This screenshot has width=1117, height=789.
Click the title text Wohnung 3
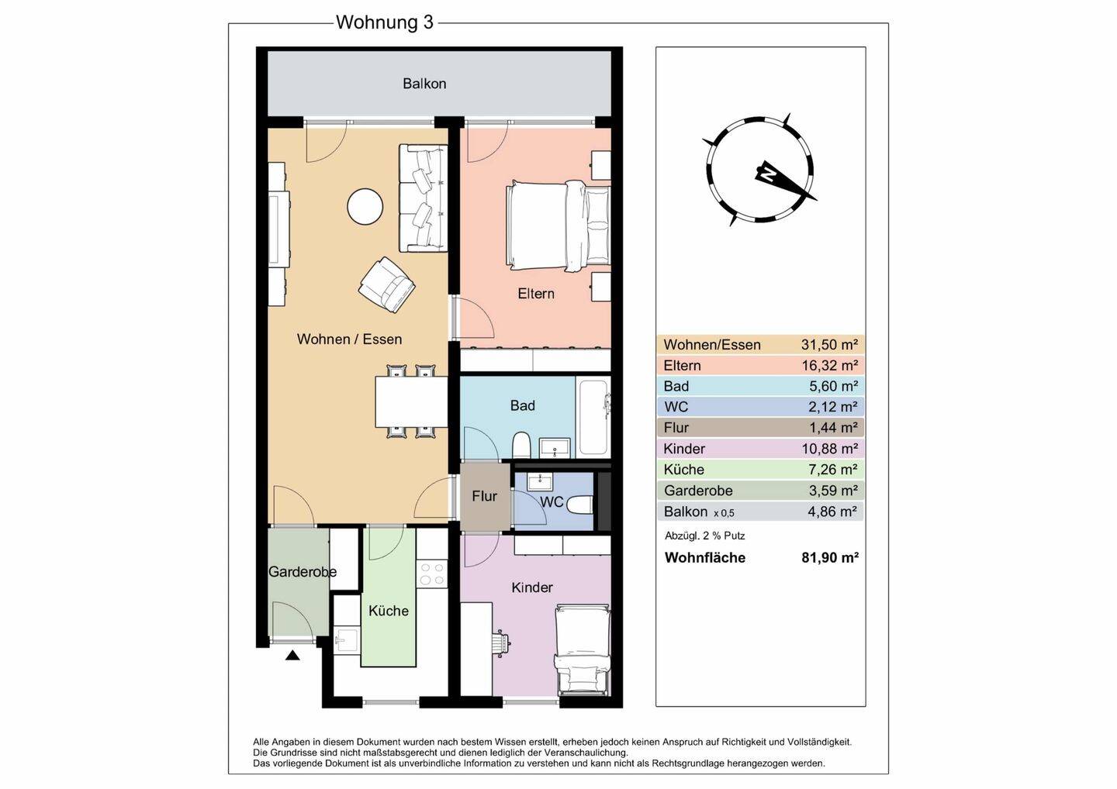(x=385, y=22)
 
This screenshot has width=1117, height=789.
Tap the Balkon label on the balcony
(x=424, y=84)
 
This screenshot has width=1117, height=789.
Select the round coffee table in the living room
(x=365, y=207)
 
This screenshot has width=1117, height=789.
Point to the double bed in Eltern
(x=558, y=226)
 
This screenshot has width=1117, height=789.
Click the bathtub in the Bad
(x=593, y=416)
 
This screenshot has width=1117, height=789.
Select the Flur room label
(x=484, y=496)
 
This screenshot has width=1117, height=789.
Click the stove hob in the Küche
(x=432, y=574)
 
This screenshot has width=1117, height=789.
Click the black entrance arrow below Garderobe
(x=292, y=655)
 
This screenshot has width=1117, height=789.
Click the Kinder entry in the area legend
(x=684, y=449)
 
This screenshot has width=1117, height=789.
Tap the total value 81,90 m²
(x=829, y=557)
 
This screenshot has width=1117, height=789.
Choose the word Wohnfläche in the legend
(x=705, y=557)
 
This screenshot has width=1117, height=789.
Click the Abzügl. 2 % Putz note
(x=704, y=536)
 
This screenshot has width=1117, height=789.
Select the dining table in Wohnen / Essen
(x=411, y=401)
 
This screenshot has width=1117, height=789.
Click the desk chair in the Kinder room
(x=500, y=643)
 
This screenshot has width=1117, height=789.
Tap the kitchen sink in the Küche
(x=346, y=641)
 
